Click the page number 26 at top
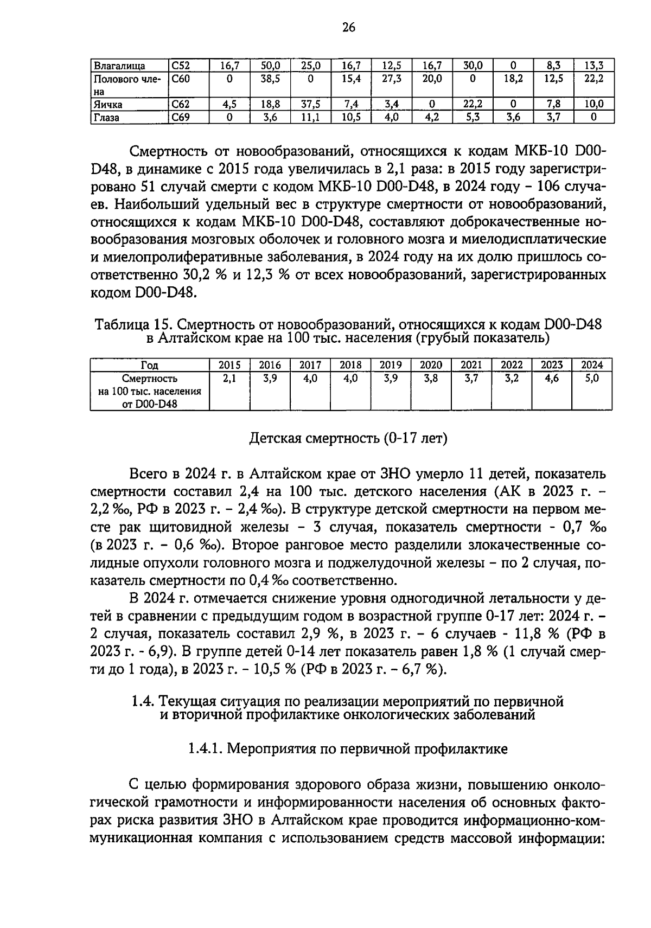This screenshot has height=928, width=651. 348,28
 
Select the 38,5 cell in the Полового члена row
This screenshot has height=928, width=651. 270,79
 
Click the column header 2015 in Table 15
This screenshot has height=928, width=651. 229,365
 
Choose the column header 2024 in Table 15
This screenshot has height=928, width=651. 592,365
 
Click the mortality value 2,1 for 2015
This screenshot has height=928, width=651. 229,379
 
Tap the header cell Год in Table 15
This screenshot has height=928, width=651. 149,365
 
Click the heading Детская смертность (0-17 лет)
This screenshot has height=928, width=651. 348,438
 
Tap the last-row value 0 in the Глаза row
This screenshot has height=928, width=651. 593,117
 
